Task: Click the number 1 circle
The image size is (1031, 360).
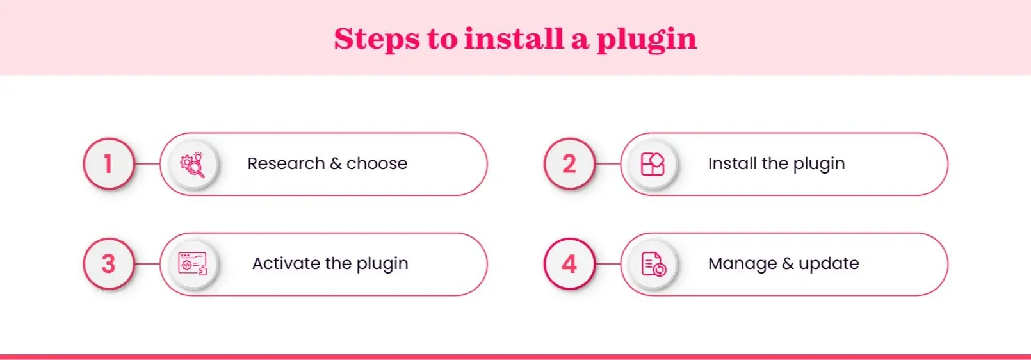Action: (108, 164)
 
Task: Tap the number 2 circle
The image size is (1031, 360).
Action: (569, 164)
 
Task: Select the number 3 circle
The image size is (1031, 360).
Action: (108, 264)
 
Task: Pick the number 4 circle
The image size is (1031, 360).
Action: (569, 264)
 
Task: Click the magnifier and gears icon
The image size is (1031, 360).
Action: (193, 165)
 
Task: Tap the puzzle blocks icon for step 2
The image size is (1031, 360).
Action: (653, 165)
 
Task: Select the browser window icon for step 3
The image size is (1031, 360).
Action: (193, 264)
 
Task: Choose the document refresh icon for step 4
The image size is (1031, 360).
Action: (653, 264)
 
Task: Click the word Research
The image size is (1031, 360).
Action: (286, 164)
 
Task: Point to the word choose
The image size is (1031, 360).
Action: (377, 164)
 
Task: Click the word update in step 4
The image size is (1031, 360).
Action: (829, 264)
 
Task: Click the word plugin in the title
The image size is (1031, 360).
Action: (646, 40)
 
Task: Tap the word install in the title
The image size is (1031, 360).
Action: (514, 38)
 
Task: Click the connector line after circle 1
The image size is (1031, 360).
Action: (147, 164)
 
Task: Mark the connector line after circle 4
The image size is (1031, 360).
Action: (608, 264)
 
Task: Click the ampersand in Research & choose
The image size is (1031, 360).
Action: (336, 164)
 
